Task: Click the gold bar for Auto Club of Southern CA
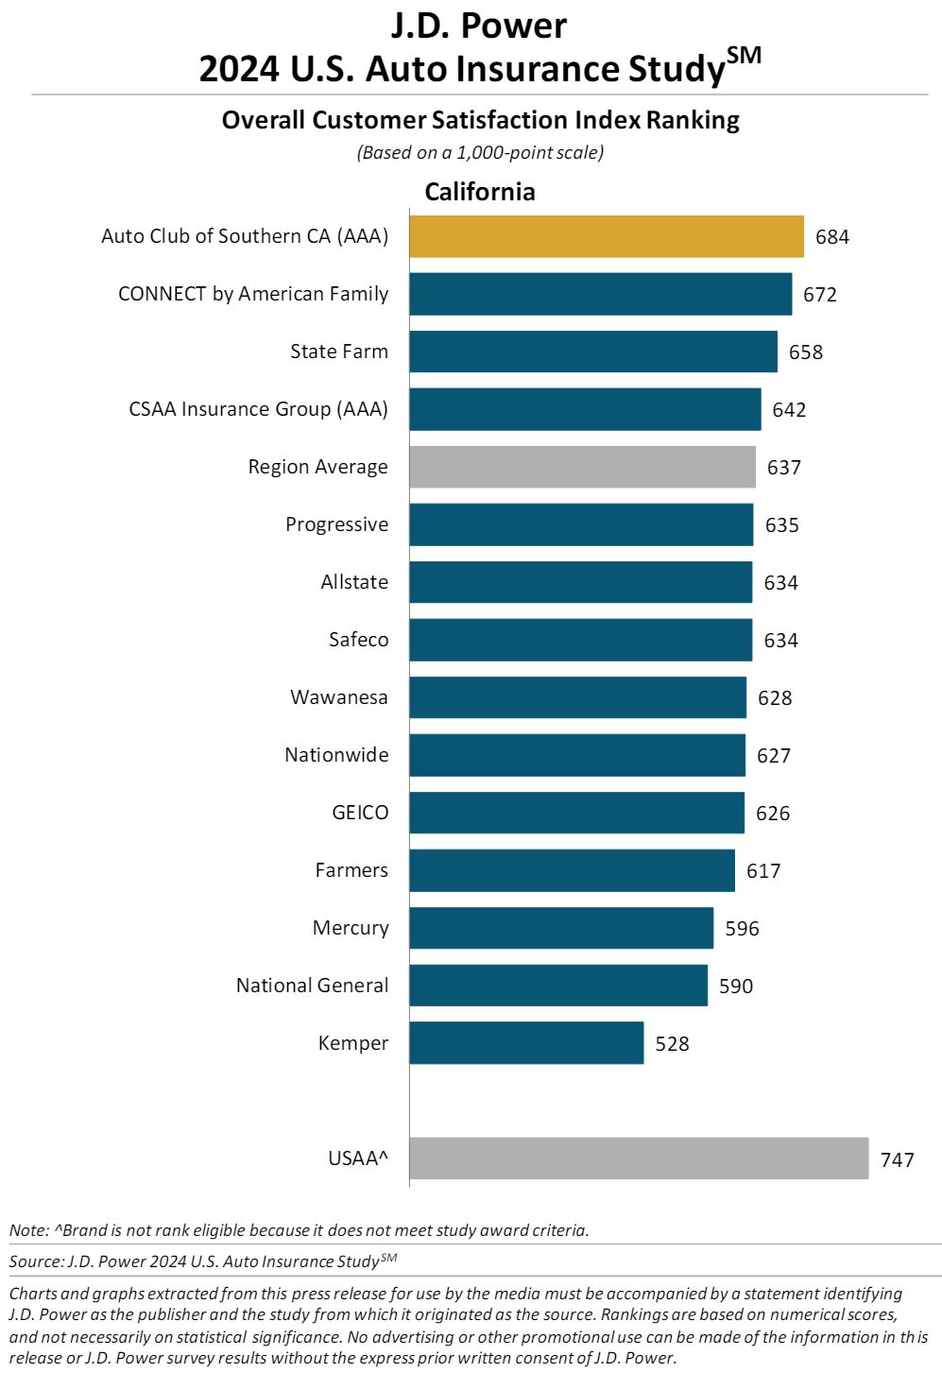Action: coord(607,236)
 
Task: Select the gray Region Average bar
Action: coord(582,467)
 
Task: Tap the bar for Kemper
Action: coord(526,1042)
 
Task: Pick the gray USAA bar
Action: coord(639,1158)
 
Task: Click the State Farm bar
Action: coord(593,352)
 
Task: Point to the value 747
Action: coord(897,1159)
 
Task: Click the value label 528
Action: coord(672,1044)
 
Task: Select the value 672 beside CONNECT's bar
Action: coord(820,294)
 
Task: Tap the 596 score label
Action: coord(742,928)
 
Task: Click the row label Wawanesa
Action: coord(339,696)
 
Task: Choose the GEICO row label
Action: coord(360,813)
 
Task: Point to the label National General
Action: coord(312,985)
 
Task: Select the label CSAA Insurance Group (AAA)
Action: coord(258,409)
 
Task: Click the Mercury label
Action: coord(351,928)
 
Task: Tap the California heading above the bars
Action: coord(480,192)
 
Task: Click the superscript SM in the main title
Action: coord(744,56)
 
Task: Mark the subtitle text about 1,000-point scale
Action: coord(480,152)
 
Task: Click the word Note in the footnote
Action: coord(26,1230)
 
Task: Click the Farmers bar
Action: coord(573,870)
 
